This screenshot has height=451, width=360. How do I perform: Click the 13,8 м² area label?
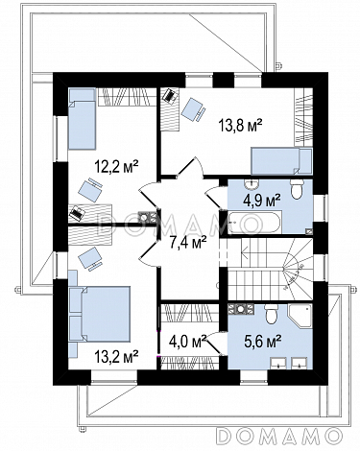240,125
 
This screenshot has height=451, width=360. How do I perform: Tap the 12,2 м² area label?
116,167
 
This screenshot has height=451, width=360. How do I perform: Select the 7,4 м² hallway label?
187,243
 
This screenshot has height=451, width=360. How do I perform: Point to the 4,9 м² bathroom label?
262,201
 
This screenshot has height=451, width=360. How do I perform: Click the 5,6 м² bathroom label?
263,342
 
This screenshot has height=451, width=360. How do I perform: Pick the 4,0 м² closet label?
187,343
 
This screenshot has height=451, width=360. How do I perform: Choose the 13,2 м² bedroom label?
116,357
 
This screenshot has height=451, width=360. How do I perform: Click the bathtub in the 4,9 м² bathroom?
254,223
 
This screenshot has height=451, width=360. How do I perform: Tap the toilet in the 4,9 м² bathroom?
297,189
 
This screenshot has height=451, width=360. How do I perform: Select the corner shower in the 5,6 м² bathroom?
300,316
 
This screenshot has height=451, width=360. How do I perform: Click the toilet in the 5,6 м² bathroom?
272,314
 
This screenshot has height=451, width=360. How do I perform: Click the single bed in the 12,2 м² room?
83,119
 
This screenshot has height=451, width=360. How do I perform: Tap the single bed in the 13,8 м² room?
281,161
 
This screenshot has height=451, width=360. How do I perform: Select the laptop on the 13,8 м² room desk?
170,96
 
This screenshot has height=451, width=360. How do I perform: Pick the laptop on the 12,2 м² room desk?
77,213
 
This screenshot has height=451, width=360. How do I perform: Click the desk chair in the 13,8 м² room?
193,109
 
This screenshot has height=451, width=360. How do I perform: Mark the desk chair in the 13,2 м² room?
90,259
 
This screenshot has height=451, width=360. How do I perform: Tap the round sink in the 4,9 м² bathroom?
252,183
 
